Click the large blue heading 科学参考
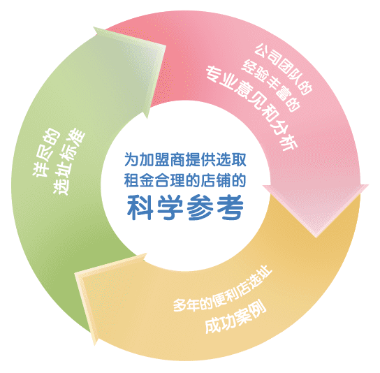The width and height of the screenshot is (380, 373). [185, 207]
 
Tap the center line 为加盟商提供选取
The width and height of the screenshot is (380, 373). [185, 160]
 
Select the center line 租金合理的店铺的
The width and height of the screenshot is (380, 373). [185, 180]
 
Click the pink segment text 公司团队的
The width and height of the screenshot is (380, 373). [284, 68]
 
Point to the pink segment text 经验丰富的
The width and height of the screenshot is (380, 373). [270, 85]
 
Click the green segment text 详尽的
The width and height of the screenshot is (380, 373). [46, 152]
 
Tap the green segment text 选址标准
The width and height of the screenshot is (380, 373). [69, 161]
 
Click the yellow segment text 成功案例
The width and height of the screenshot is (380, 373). [235, 317]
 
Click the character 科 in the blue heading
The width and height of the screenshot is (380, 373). [140, 207]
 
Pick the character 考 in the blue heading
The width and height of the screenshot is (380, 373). [231, 207]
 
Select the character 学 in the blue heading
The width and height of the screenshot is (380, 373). [170, 207]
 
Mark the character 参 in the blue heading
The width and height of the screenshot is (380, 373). [200, 207]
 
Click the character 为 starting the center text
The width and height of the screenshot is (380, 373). [132, 160]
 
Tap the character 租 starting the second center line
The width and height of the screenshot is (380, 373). [132, 180]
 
